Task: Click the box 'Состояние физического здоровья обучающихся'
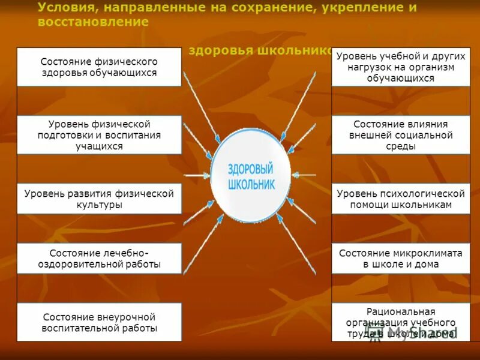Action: click(x=99, y=67)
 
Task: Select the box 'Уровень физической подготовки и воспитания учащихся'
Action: click(x=99, y=135)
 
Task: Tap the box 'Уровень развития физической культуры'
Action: click(x=99, y=199)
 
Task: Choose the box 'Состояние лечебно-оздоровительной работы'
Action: click(x=99, y=259)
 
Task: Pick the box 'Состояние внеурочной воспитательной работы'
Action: click(x=99, y=322)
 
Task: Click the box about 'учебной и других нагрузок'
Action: click(x=401, y=67)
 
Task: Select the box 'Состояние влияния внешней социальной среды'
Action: click(x=401, y=135)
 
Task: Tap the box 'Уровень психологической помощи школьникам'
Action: click(x=401, y=199)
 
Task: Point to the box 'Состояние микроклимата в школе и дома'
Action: click(x=401, y=259)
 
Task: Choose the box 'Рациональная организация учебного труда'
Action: click(x=401, y=323)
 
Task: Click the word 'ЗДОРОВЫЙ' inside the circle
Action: click(x=250, y=170)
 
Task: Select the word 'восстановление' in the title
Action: click(x=93, y=22)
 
